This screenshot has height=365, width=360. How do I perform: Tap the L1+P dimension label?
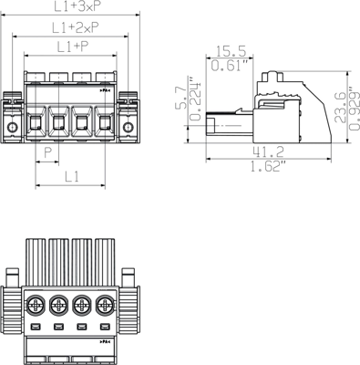point(73,47)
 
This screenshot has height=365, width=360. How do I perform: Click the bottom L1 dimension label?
point(72,174)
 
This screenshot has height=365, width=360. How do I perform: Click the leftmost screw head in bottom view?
point(36,304)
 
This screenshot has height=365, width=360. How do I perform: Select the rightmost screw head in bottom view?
point(107,304)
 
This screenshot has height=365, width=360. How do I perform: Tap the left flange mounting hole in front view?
point(12,125)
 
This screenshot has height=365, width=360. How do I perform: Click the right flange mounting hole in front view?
point(129,125)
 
